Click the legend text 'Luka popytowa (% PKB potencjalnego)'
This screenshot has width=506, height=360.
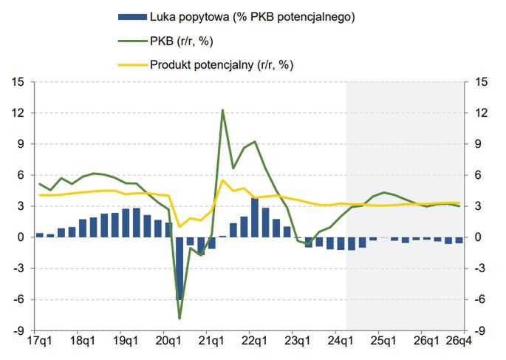252,16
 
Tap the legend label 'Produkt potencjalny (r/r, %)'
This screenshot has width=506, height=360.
221,64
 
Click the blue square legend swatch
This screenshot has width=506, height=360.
127,16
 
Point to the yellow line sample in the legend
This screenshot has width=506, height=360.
127,64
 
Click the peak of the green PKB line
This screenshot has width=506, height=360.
222,110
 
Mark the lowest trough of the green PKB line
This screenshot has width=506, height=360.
180,318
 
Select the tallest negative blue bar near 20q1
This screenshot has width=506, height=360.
180,268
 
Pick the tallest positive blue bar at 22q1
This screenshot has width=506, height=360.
255,218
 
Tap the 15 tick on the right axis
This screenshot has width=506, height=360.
481,82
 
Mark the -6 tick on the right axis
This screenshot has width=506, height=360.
481,300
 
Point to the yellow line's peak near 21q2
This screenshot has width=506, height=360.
222,180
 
